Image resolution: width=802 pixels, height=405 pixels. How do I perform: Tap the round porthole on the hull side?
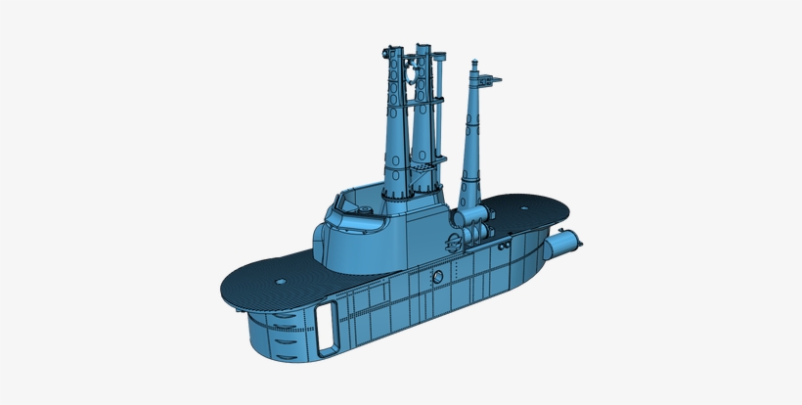pos(438,278)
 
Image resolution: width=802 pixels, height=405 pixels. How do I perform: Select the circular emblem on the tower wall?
pos(456,243)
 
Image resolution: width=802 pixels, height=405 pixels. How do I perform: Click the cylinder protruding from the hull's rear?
pos(565,245)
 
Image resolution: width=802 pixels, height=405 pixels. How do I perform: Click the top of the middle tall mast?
pos(423,47)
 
